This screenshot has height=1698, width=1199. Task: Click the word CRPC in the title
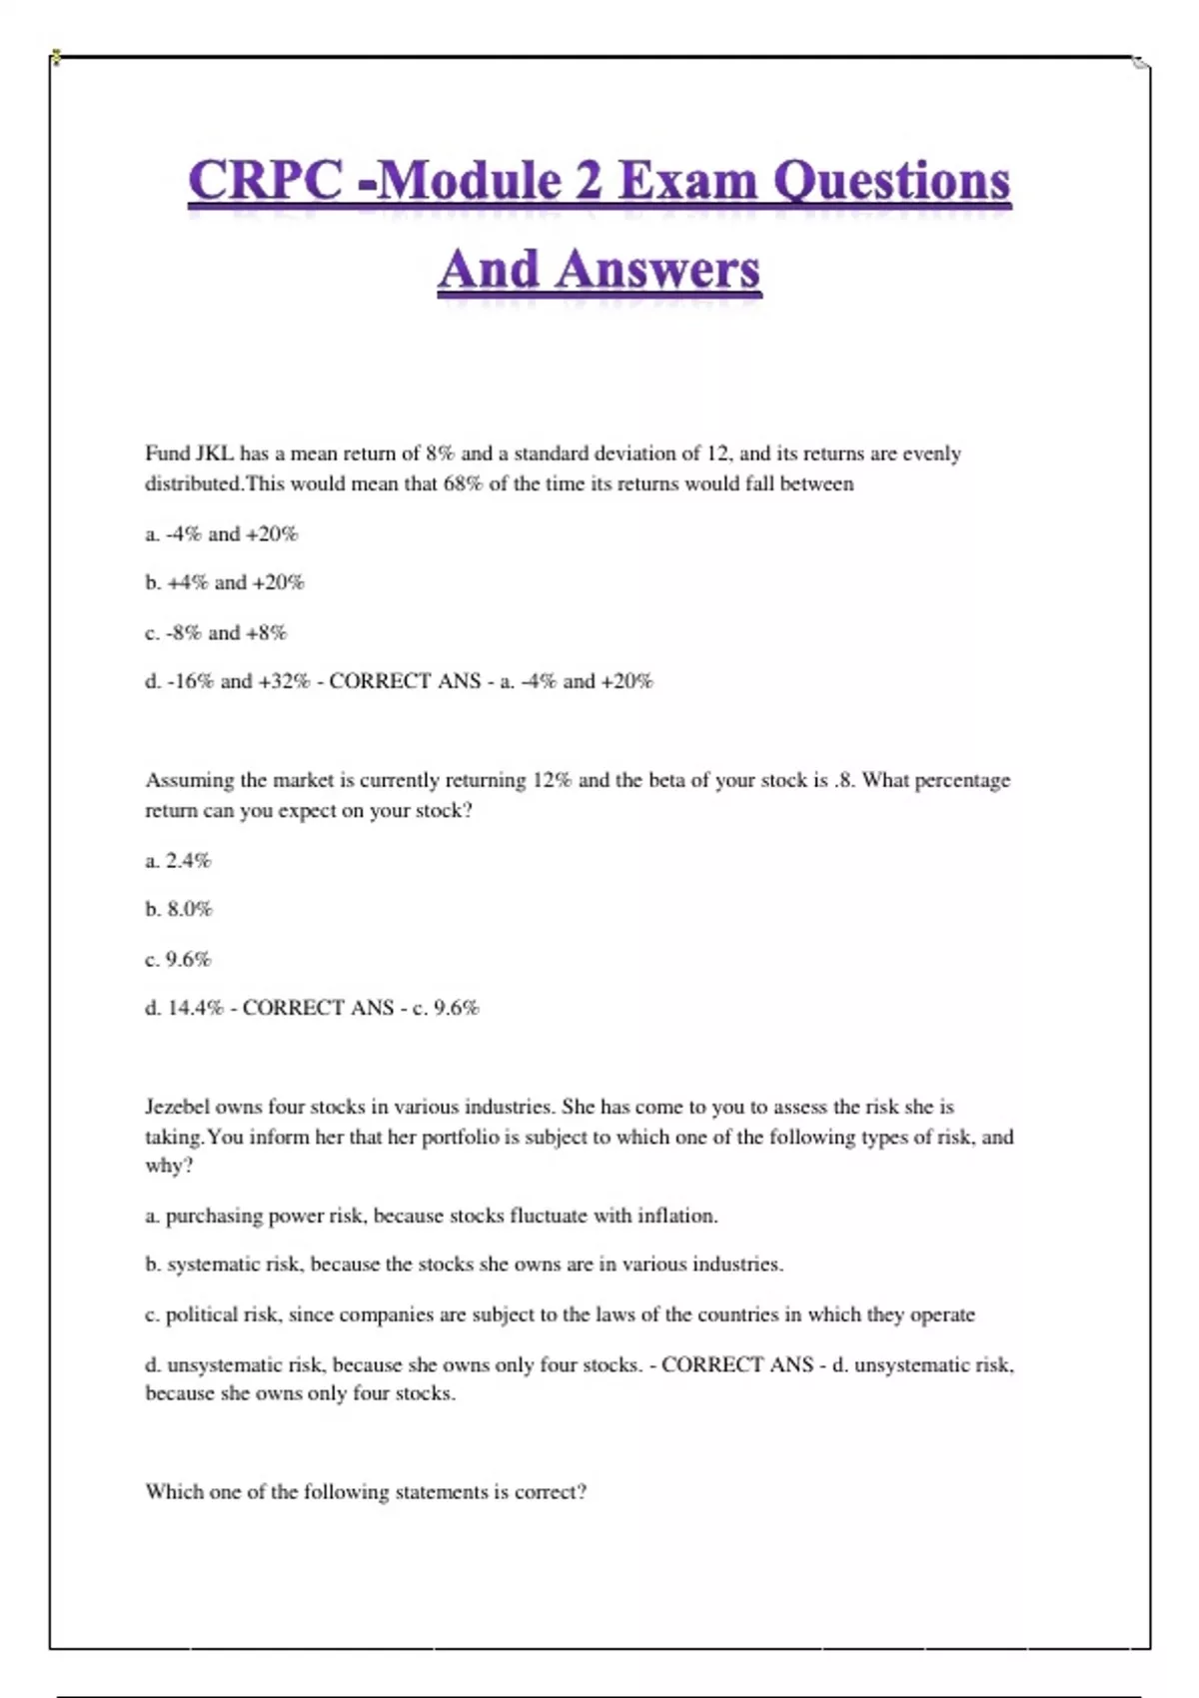click(x=265, y=182)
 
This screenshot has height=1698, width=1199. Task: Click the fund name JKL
click(x=214, y=453)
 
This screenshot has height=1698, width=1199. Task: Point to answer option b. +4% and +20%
click(x=225, y=582)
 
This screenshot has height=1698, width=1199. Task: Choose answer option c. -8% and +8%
click(x=216, y=632)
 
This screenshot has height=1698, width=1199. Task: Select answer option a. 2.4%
click(x=178, y=860)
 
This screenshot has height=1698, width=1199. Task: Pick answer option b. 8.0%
click(x=179, y=909)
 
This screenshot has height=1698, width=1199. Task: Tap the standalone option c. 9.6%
click(x=178, y=959)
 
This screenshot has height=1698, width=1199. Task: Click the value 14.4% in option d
click(x=195, y=1008)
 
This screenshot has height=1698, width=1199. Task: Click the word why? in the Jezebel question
click(x=169, y=1166)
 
